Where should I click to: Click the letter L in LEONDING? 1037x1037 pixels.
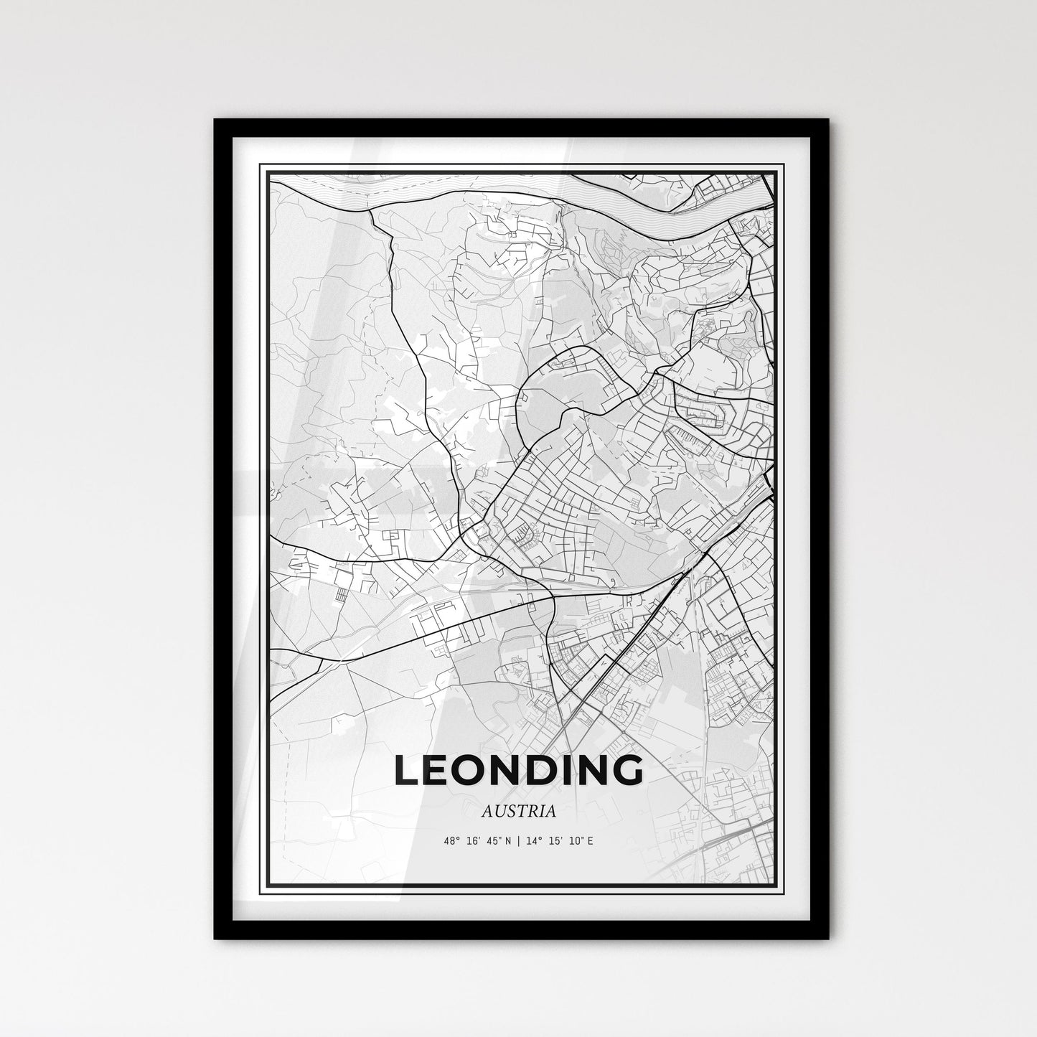pyautogui.click(x=408, y=770)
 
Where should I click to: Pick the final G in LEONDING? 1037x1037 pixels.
pyautogui.click(x=627, y=770)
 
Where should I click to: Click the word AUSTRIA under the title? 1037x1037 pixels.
pyautogui.click(x=518, y=812)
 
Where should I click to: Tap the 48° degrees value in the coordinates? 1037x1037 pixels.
pyautogui.click(x=452, y=840)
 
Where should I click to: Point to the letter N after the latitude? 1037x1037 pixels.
pyautogui.click(x=510, y=840)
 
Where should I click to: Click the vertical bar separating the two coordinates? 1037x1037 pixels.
pyautogui.click(x=519, y=840)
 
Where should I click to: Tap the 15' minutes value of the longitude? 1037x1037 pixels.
pyautogui.click(x=554, y=840)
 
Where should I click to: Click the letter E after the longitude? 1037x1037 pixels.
pyautogui.click(x=590, y=840)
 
